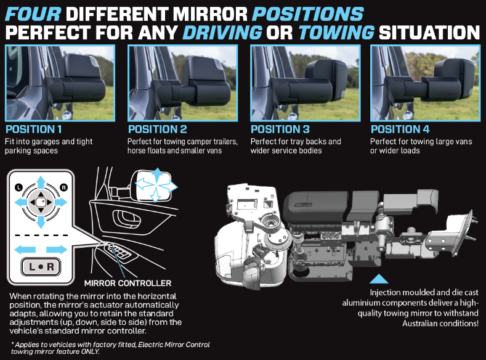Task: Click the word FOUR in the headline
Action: (x=33, y=14)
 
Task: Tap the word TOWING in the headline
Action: (x=336, y=33)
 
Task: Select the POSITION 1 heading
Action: (x=33, y=129)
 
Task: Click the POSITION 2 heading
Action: (x=158, y=129)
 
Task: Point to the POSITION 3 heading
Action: (x=280, y=129)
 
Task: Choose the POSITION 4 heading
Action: (x=400, y=129)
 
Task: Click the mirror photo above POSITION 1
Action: (x=60, y=83)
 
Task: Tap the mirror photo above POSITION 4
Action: (x=425, y=83)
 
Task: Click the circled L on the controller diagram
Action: (x=19, y=187)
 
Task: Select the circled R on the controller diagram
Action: (x=63, y=187)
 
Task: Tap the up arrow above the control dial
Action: (x=41, y=182)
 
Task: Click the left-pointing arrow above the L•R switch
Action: (x=25, y=249)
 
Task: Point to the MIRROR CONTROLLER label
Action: (x=128, y=283)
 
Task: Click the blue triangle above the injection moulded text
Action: (x=379, y=279)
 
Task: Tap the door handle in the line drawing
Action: (x=126, y=219)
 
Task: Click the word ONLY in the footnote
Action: (x=90, y=351)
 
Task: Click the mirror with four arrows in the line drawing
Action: (x=152, y=186)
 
